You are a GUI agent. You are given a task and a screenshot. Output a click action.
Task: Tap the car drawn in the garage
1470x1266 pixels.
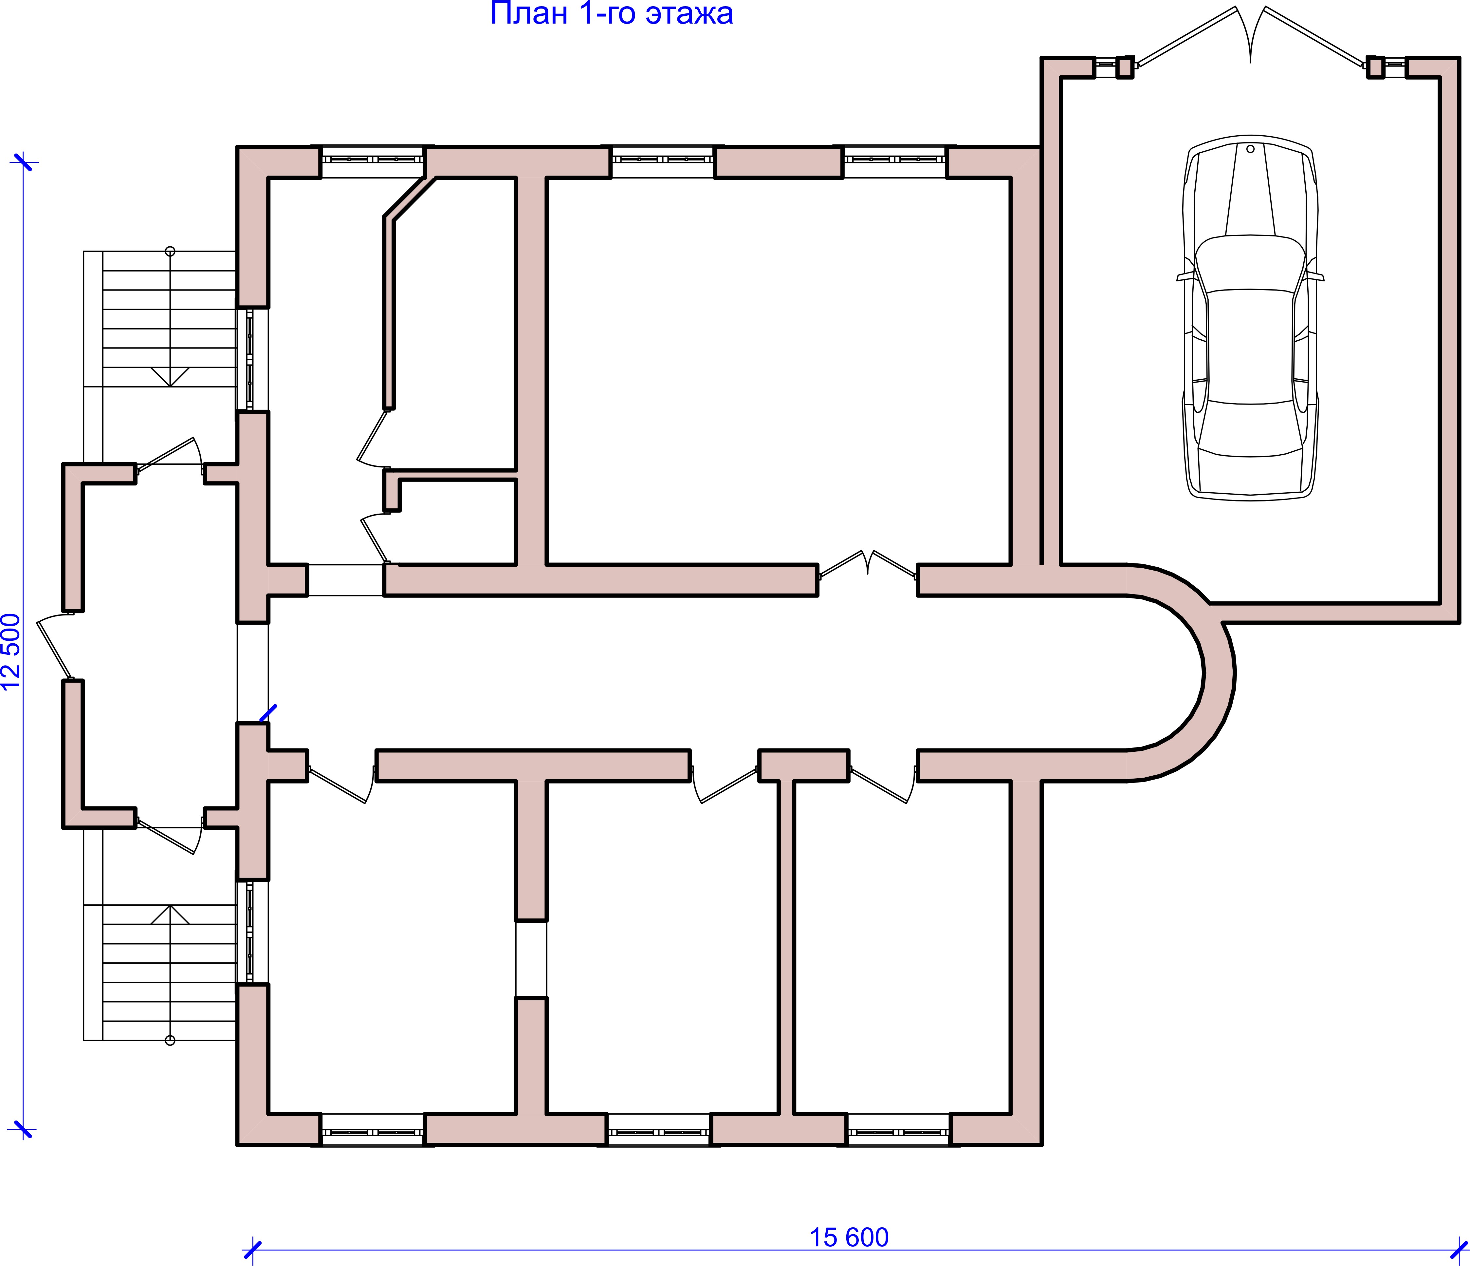coord(1250,317)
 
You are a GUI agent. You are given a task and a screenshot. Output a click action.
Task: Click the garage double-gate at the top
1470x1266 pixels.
coord(1250,35)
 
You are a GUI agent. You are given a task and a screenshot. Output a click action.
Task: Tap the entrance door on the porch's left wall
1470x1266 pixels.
coord(55,646)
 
